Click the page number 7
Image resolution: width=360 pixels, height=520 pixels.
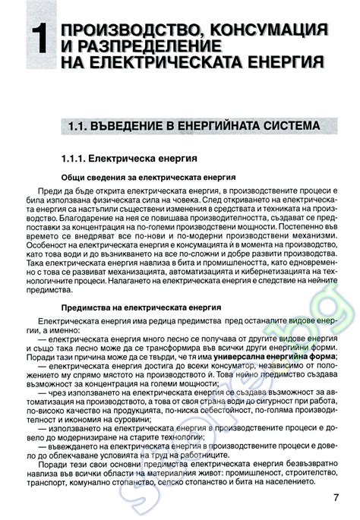click(336, 499)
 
